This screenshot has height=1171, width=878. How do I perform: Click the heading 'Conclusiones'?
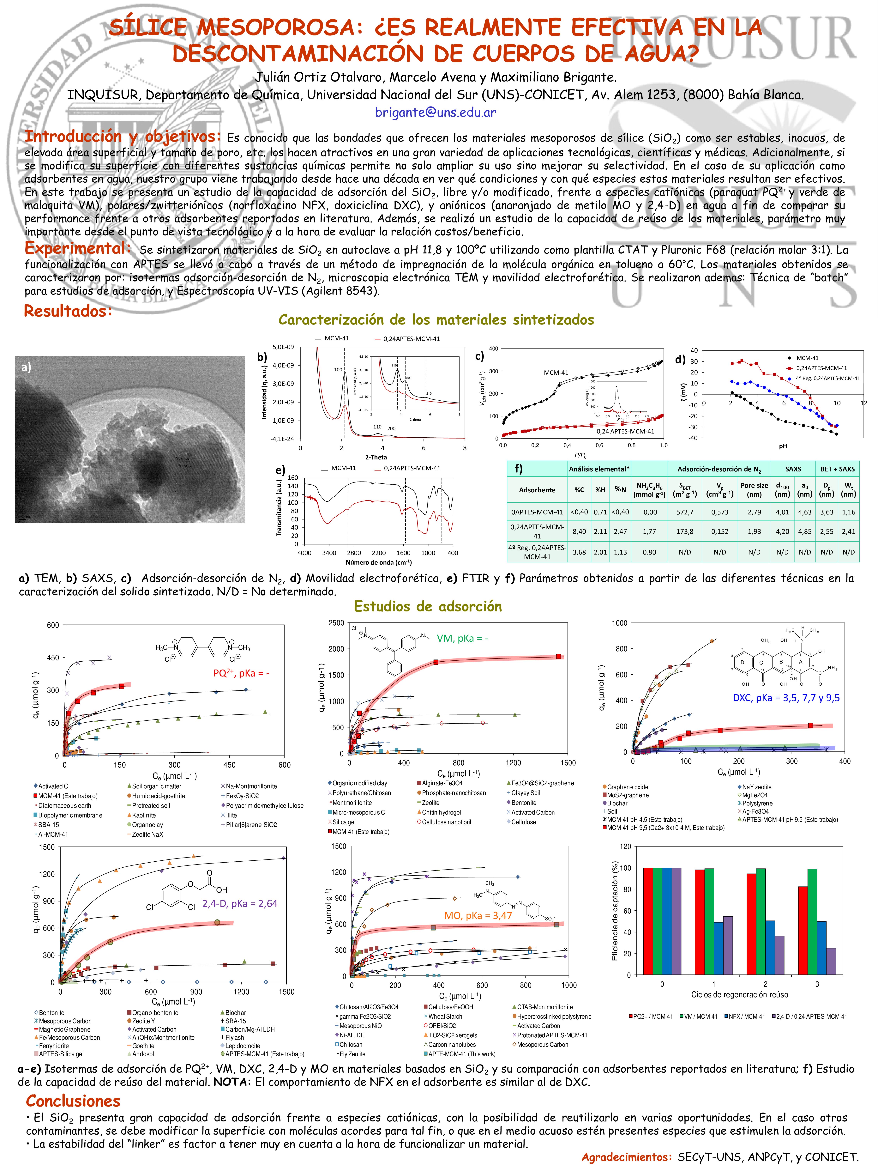[73, 1101]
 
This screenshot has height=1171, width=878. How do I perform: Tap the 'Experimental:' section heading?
[78, 248]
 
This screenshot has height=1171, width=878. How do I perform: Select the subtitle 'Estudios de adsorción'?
[428, 606]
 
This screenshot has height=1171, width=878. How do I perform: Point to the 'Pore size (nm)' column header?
[754, 490]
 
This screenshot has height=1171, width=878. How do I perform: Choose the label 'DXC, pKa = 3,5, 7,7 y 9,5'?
[786, 698]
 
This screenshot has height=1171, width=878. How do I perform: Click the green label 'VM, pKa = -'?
[462, 638]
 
